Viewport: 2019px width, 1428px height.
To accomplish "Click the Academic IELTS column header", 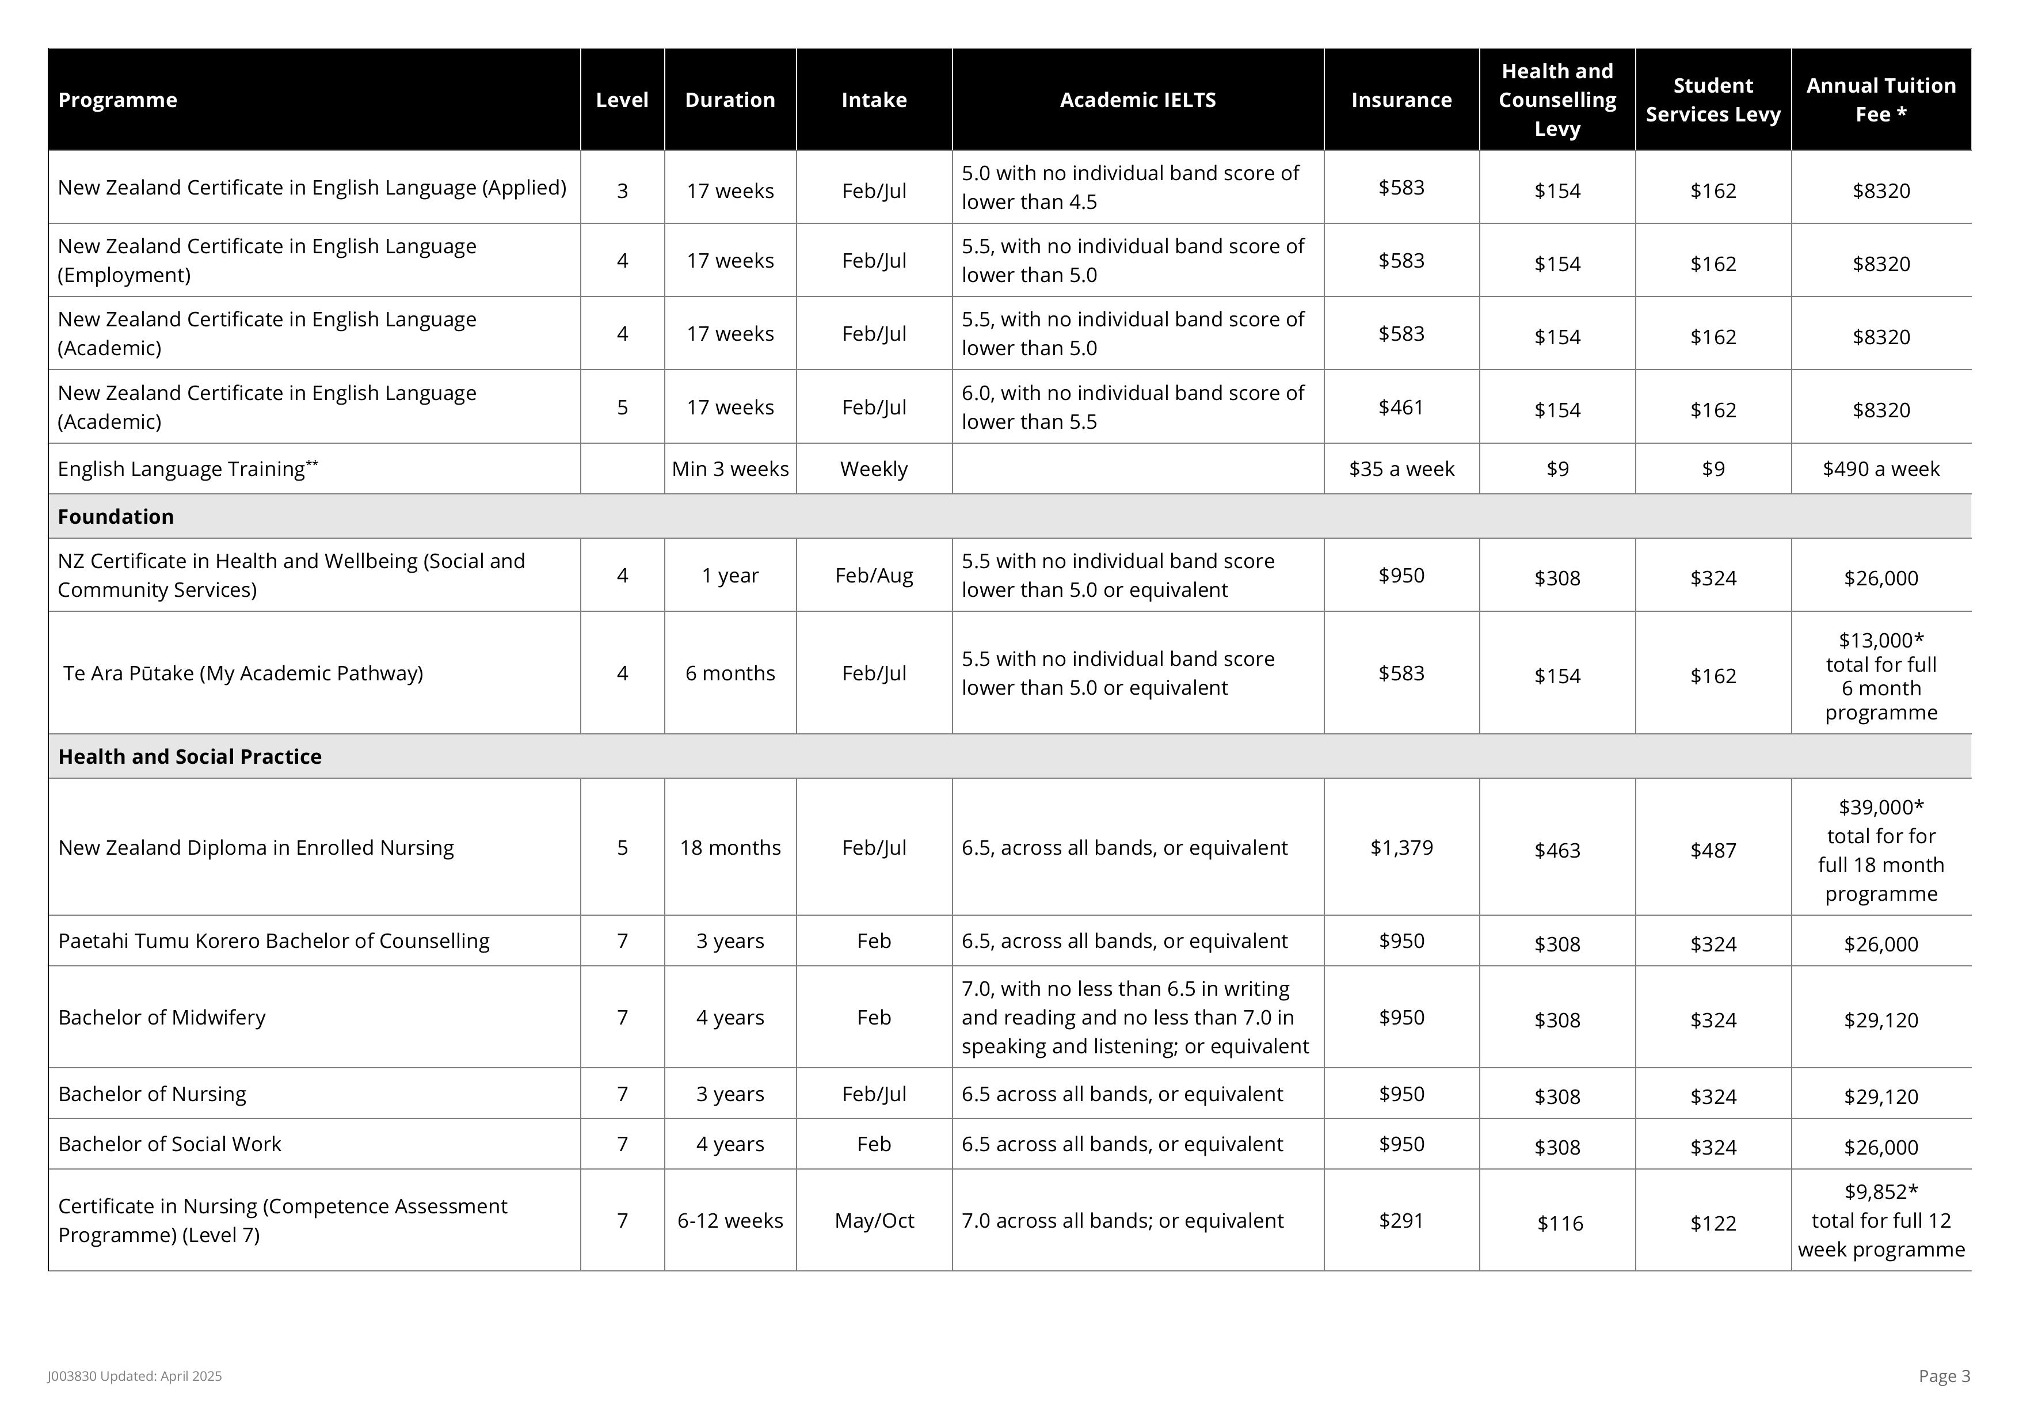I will pos(1137,100).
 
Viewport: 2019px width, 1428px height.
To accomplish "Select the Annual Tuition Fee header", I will pos(1880,100).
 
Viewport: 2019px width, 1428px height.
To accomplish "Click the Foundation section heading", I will pos(116,517).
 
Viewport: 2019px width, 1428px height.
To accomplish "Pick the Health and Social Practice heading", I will pos(190,757).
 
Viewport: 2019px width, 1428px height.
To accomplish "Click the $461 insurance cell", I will pos(1401,407).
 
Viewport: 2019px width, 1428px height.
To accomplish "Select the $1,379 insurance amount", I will pos(1401,848).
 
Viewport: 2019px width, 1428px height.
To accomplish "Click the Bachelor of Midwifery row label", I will pos(162,1018).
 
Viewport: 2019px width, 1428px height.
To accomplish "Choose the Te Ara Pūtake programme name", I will pos(243,673).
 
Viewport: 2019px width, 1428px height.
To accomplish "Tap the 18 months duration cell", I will pos(730,848).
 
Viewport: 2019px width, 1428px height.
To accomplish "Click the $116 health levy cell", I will pos(1559,1223).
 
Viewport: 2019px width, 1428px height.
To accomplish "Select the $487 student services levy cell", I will pos(1712,850).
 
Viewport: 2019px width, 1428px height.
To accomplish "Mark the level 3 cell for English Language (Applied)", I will pos(622,191).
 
